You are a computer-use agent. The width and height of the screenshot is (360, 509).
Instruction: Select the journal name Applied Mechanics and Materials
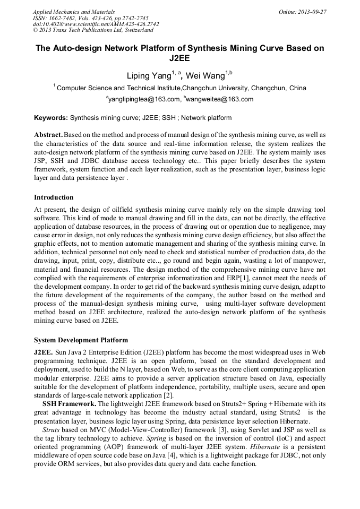[x=74, y=11]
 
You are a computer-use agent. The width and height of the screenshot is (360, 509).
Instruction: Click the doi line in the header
[x=96, y=24]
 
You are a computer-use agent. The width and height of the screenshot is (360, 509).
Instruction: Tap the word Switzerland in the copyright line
[x=134, y=30]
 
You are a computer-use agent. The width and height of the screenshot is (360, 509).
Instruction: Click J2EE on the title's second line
[x=179, y=59]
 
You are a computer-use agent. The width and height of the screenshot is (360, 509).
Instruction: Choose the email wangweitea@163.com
[x=212, y=99]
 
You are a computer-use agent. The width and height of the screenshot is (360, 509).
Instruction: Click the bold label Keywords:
[x=51, y=118]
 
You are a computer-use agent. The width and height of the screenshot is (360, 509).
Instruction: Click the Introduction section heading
[x=54, y=197]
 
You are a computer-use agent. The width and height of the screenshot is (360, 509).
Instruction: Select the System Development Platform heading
[x=81, y=340]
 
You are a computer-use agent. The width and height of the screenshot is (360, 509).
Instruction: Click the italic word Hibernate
[x=264, y=446]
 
